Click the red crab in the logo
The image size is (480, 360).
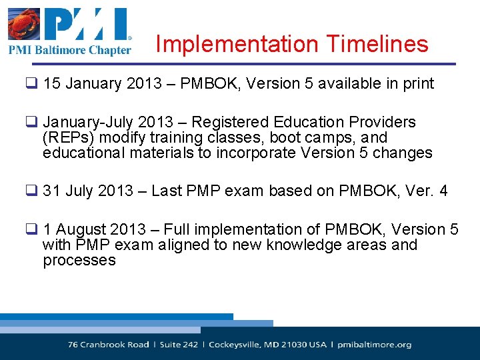click(25, 25)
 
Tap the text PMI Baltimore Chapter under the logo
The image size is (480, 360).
click(69, 50)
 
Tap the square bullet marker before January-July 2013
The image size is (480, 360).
click(31, 123)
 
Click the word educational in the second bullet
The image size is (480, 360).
click(85, 153)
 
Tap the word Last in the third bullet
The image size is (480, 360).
click(166, 191)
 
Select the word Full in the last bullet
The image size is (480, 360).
click(177, 230)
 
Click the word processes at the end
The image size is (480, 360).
click(79, 261)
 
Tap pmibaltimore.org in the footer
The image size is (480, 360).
click(375, 345)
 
